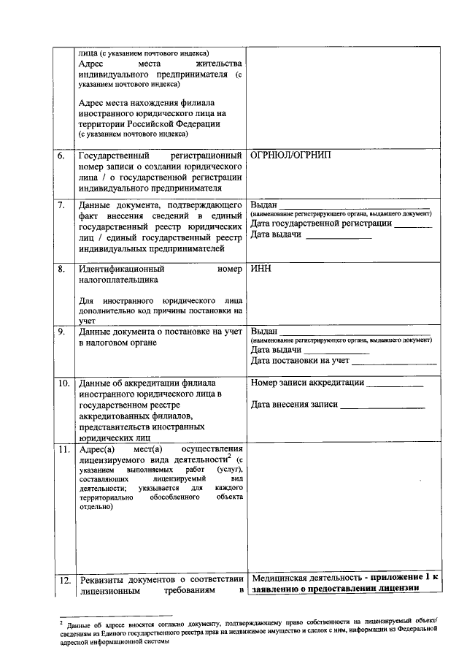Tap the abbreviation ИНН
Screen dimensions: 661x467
pyautogui.click(x=260, y=269)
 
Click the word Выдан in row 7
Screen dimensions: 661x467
pyautogui.click(x=263, y=204)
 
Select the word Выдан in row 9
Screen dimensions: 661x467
pyautogui.click(x=263, y=332)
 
